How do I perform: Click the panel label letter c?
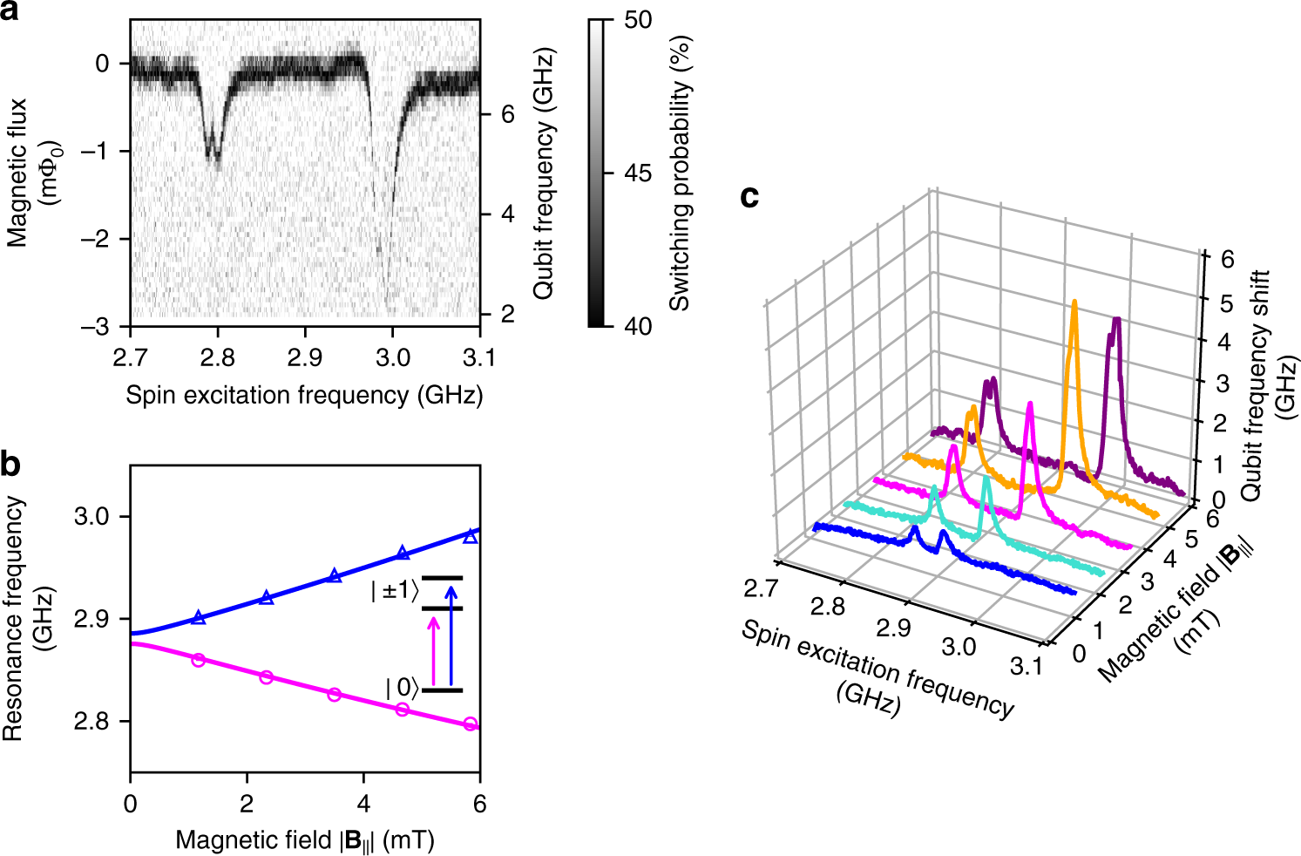749,197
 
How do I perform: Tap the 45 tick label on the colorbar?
638,173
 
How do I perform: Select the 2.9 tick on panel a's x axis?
305,357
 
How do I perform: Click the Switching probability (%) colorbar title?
680,173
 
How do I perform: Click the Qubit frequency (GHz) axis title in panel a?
544,173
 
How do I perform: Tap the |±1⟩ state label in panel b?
393,591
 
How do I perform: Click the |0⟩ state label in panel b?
401,688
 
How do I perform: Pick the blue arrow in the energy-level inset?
451,636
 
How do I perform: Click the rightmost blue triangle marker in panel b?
471,536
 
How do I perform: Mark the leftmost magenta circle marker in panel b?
199,660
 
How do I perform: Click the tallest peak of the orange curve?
1074,302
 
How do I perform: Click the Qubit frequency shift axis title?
1271,384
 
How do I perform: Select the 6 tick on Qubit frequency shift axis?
1226,260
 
